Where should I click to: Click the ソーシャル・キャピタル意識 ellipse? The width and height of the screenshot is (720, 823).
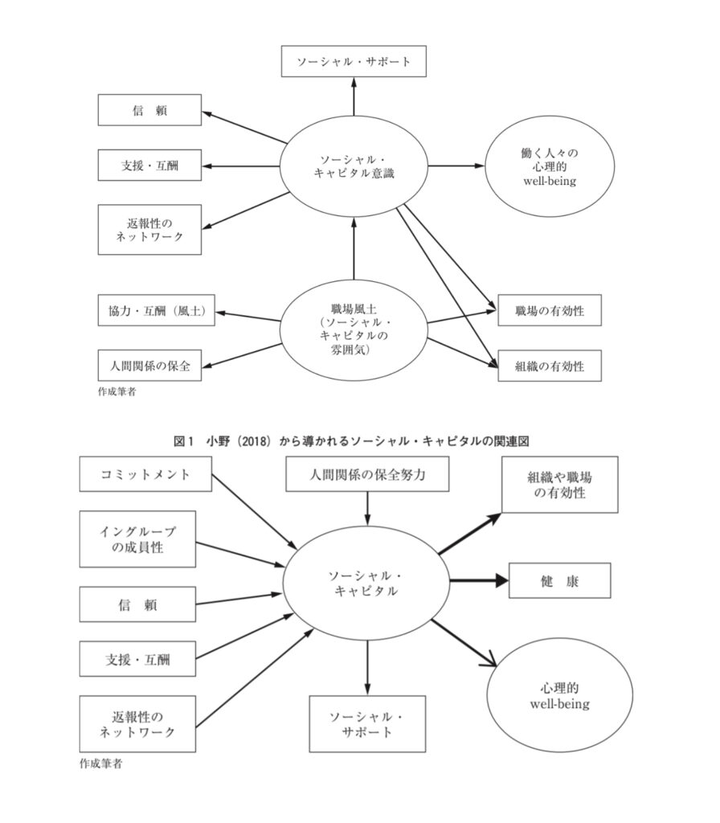tap(354, 166)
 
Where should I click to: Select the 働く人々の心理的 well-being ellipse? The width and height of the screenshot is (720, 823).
tap(549, 166)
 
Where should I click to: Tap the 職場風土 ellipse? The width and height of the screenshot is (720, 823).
tap(354, 330)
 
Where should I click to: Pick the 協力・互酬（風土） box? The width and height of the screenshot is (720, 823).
tap(157, 311)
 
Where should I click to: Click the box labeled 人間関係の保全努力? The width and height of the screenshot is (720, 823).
tap(367, 474)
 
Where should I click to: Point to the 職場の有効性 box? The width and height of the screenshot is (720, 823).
tap(550, 310)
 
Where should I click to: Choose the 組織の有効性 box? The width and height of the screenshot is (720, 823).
tap(550, 366)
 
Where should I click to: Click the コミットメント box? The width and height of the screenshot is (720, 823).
tap(148, 474)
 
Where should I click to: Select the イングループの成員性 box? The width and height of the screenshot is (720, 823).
tap(137, 538)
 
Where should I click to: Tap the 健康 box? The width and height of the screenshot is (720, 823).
tap(559, 580)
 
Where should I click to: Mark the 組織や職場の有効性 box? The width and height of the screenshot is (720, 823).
tap(559, 485)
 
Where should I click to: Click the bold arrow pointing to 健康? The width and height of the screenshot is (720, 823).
tap(478, 580)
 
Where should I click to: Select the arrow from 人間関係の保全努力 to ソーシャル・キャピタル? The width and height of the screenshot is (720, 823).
tap(367, 506)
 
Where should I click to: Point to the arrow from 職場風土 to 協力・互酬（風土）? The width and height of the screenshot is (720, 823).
tap(249, 314)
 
